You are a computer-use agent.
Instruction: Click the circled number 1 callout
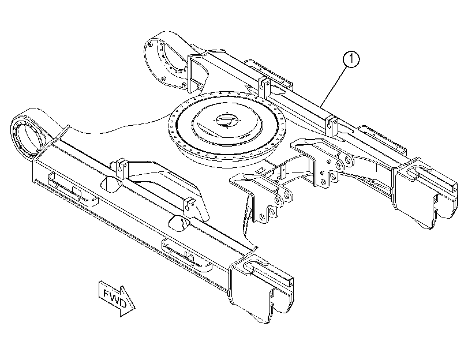coord(351,59)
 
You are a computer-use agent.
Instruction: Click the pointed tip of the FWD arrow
coord(135,307)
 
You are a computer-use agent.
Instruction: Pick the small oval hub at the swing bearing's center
coord(226,120)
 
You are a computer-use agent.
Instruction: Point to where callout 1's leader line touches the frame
coord(321,107)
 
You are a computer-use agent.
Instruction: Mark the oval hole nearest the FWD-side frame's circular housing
coord(111,184)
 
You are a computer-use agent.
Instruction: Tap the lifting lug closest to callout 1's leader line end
coord(331,126)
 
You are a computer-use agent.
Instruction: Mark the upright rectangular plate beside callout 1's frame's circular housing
coord(195,72)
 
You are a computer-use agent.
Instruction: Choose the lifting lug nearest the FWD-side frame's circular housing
coord(120,166)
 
